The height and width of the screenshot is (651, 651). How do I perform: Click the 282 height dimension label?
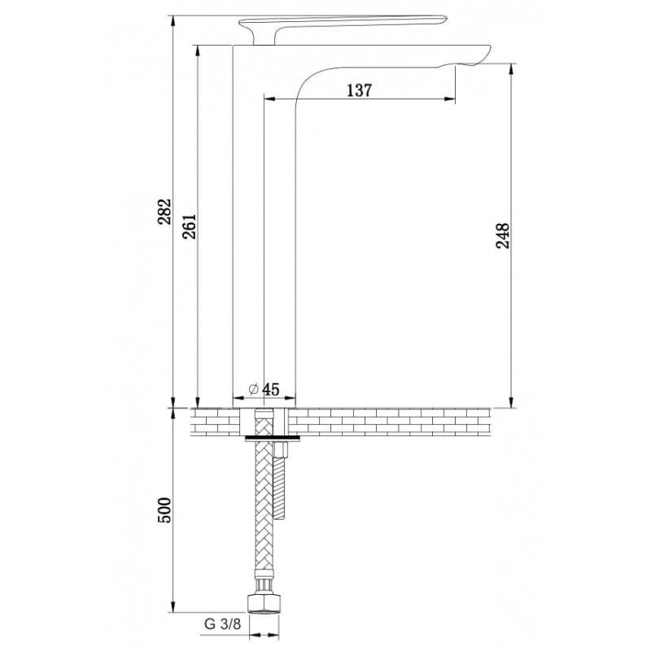coord(164,212)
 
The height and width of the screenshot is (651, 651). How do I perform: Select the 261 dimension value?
coord(190,227)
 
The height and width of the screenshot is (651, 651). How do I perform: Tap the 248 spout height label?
coord(502,235)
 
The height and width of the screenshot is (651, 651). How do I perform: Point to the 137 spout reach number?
coord(360,90)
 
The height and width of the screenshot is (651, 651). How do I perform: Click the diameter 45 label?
coord(264,389)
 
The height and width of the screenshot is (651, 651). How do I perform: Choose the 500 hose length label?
coord(164,510)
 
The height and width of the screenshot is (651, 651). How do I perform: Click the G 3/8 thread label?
coord(222,624)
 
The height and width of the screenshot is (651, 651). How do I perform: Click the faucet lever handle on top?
coord(343,22)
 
